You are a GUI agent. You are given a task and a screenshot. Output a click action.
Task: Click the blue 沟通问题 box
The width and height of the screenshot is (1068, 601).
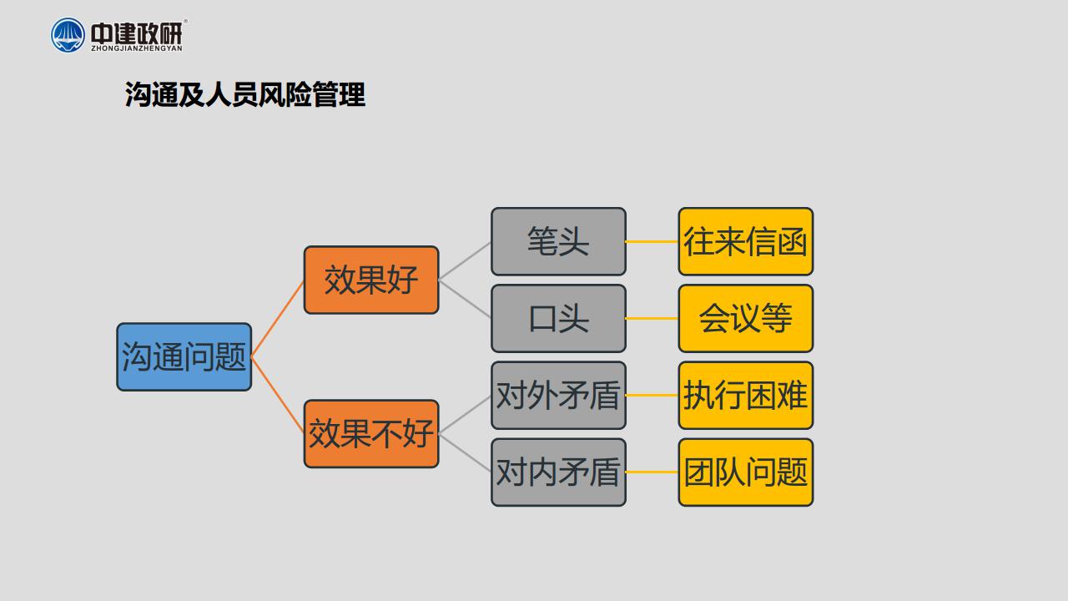[184, 356]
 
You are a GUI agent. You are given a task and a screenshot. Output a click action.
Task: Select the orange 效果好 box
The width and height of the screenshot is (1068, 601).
[371, 280]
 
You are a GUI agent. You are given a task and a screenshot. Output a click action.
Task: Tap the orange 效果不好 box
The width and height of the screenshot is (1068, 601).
[371, 433]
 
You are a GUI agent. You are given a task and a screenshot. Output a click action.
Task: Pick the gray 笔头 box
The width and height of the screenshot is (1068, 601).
[558, 241]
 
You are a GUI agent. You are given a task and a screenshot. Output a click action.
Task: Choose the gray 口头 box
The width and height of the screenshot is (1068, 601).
[558, 318]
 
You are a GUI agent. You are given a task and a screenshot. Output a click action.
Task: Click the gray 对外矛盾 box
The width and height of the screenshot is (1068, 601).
[558, 396]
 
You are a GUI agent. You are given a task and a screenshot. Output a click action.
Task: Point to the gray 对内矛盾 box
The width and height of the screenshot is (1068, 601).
[558, 472]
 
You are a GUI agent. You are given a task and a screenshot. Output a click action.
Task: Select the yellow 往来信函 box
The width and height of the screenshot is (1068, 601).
[746, 241]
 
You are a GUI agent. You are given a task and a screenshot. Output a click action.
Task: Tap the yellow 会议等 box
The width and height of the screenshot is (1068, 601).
[746, 318]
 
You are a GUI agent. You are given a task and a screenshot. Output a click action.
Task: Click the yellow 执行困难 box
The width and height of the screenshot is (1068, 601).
[746, 396]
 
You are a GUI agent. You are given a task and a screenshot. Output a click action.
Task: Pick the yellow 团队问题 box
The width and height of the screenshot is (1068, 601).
[746, 472]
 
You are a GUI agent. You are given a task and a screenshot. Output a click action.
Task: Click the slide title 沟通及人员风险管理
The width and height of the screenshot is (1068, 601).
[245, 94]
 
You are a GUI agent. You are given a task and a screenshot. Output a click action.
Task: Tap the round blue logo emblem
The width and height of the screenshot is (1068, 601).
[68, 35]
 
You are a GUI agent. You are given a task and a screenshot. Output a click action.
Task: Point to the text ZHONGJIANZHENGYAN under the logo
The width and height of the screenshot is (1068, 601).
[137, 48]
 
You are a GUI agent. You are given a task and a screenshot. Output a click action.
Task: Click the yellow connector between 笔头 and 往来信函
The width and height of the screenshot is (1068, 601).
[652, 241]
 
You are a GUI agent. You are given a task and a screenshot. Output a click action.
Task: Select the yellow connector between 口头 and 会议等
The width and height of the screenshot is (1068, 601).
[652, 318]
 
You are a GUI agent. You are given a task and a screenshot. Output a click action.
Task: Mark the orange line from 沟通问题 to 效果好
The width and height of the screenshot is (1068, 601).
[278, 319]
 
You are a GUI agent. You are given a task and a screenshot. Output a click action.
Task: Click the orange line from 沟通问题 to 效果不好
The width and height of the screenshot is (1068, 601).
[278, 396]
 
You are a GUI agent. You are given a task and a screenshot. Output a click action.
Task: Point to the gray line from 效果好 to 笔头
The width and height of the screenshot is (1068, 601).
[465, 260]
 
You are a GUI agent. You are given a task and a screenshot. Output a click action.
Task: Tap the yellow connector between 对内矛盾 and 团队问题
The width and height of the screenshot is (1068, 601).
[652, 472]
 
